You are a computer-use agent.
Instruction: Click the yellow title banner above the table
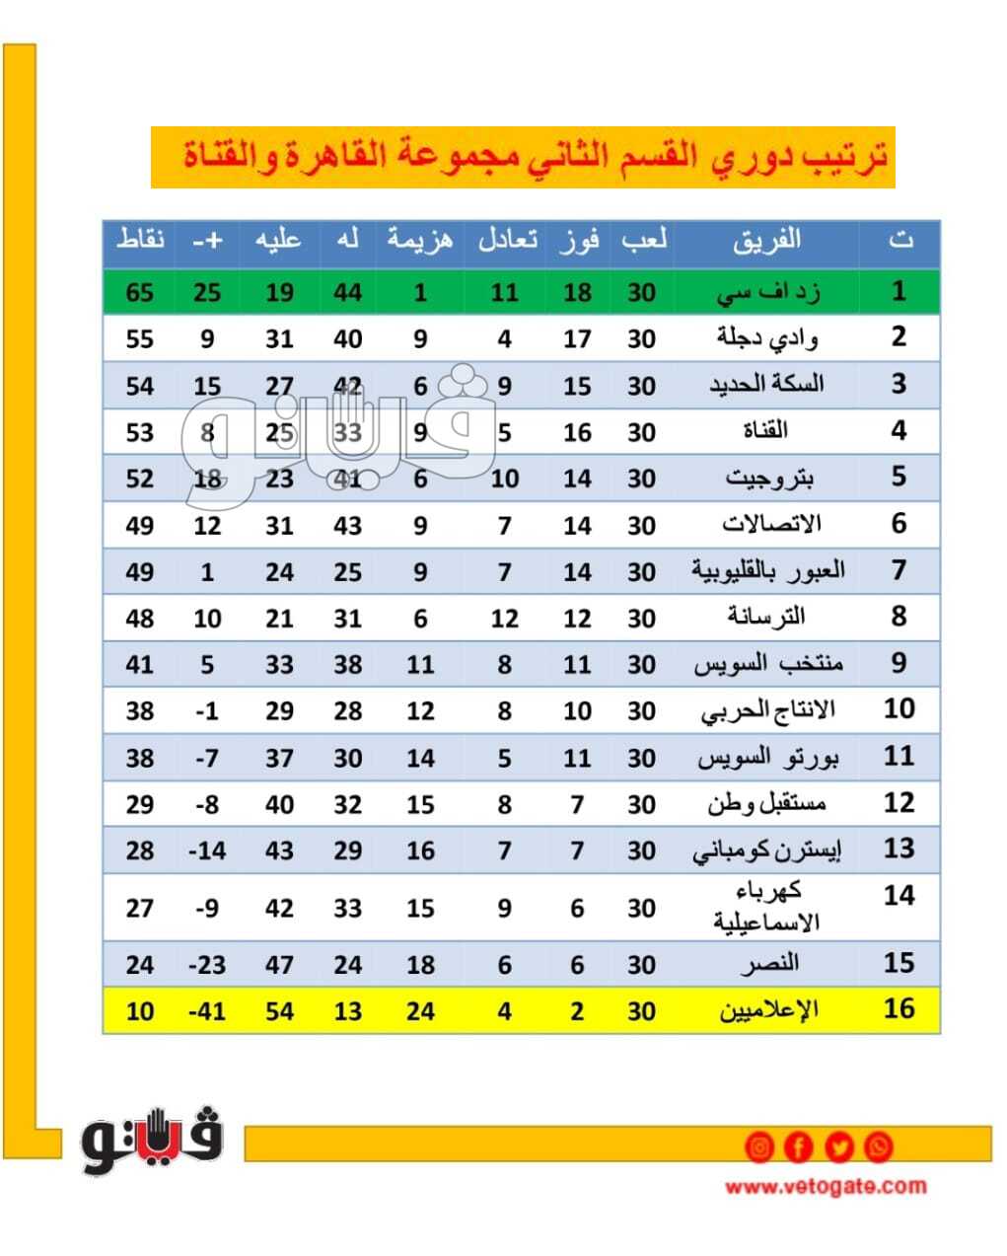522,157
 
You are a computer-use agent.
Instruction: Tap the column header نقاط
140,240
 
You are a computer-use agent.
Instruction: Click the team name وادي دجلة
766,338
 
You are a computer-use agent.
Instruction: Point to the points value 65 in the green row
140,292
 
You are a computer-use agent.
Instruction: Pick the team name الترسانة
766,618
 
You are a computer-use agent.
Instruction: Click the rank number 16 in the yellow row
899,1009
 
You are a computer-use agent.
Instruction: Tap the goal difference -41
206,1011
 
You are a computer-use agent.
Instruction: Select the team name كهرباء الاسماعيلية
766,907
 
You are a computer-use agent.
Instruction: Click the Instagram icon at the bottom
759,1147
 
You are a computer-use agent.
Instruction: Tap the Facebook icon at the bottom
799,1147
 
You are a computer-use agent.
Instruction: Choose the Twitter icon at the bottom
839,1147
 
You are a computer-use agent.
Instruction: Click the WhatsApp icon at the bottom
878,1147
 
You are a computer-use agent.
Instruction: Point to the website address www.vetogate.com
826,1186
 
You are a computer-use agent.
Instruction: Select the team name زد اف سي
766,292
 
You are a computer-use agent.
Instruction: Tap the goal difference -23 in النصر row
206,964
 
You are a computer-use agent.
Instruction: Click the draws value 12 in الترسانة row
504,619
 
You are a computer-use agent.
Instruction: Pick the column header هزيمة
420,240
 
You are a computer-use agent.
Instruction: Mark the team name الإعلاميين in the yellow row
766,1010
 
